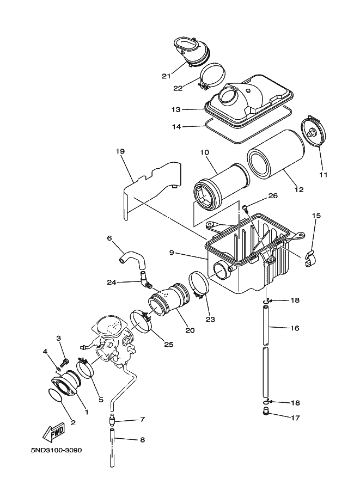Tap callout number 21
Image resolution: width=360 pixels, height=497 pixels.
point(167,76)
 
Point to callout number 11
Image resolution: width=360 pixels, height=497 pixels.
point(323,175)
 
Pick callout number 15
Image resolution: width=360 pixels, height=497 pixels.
point(316,216)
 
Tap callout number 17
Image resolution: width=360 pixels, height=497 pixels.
point(296,418)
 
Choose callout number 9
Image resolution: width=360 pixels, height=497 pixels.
point(171,253)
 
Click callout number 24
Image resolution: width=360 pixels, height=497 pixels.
point(112,282)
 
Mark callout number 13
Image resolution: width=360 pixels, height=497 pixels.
point(175,109)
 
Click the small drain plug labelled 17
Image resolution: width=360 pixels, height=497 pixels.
point(266,410)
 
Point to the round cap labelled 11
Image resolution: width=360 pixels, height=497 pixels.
point(314,132)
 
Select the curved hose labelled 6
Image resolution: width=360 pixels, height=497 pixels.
point(131,257)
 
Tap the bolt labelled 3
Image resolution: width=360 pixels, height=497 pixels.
point(64,361)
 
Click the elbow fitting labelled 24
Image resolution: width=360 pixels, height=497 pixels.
point(145,281)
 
